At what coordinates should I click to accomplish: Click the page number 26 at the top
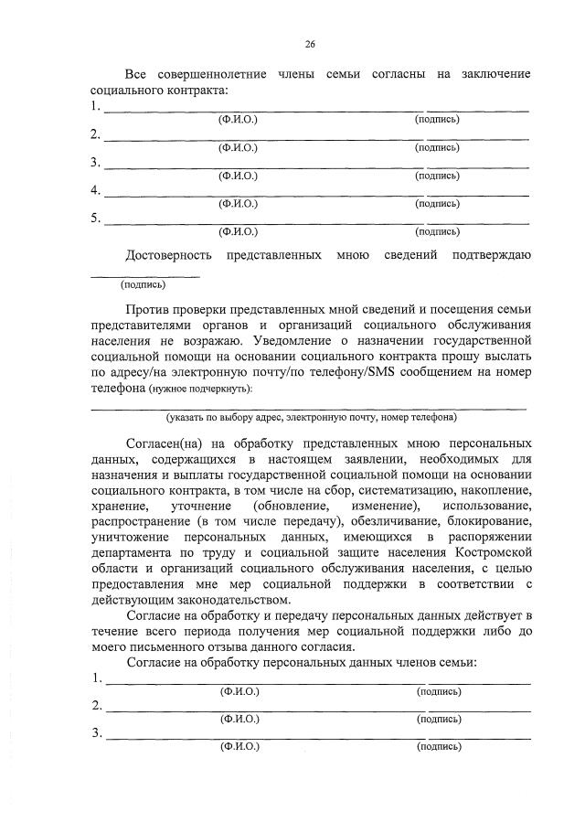point(310,43)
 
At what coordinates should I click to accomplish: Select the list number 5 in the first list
point(95,219)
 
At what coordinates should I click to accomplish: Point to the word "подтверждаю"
point(491,253)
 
